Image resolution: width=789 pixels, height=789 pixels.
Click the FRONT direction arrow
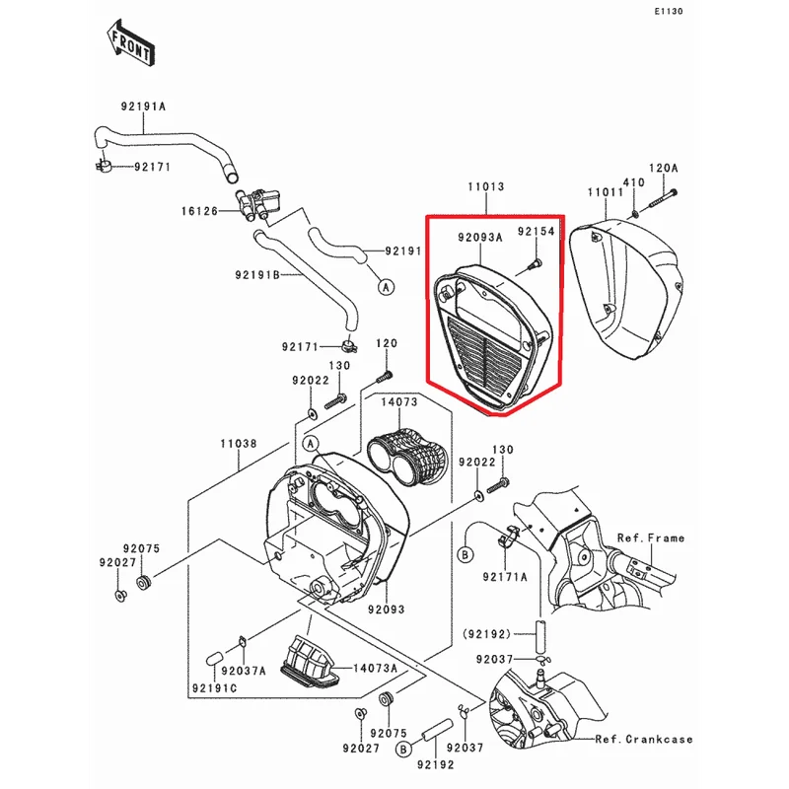[130, 43]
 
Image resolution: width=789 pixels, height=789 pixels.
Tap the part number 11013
[486, 186]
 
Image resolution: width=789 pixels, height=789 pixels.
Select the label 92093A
[480, 237]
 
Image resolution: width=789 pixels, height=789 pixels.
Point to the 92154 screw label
[537, 231]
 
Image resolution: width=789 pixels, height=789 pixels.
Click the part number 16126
[200, 211]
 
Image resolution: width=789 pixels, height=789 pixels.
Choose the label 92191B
[257, 275]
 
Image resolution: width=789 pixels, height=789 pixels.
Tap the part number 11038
[239, 443]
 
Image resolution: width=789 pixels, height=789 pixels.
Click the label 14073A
[376, 668]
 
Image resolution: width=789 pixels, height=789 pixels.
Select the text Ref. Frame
[651, 538]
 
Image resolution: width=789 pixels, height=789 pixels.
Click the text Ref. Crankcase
[644, 739]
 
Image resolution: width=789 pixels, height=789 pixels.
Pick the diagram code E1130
[669, 11]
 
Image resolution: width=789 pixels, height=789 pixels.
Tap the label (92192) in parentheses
[486, 634]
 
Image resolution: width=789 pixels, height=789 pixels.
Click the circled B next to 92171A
[465, 554]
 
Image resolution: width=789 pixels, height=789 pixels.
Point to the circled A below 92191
[386, 287]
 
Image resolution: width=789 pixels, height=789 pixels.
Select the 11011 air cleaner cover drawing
[627, 289]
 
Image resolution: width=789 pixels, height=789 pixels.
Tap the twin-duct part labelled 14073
[407, 456]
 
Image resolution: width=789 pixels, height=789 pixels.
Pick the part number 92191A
[143, 107]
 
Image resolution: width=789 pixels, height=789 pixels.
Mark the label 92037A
[244, 671]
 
